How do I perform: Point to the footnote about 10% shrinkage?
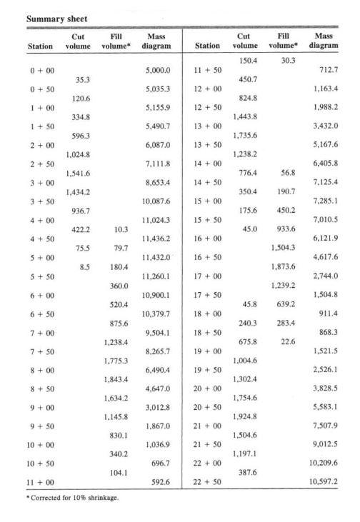pos(71,498)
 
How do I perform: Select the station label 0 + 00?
pos(41,71)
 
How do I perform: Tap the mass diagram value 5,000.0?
pos(156,71)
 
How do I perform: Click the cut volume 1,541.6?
pos(79,174)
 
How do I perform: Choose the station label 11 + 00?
pos(41,482)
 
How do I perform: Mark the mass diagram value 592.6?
pos(159,482)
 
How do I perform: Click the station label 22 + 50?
pos(208,482)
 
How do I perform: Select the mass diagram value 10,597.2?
pos(324,482)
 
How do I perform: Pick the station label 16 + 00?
pos(208,239)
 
